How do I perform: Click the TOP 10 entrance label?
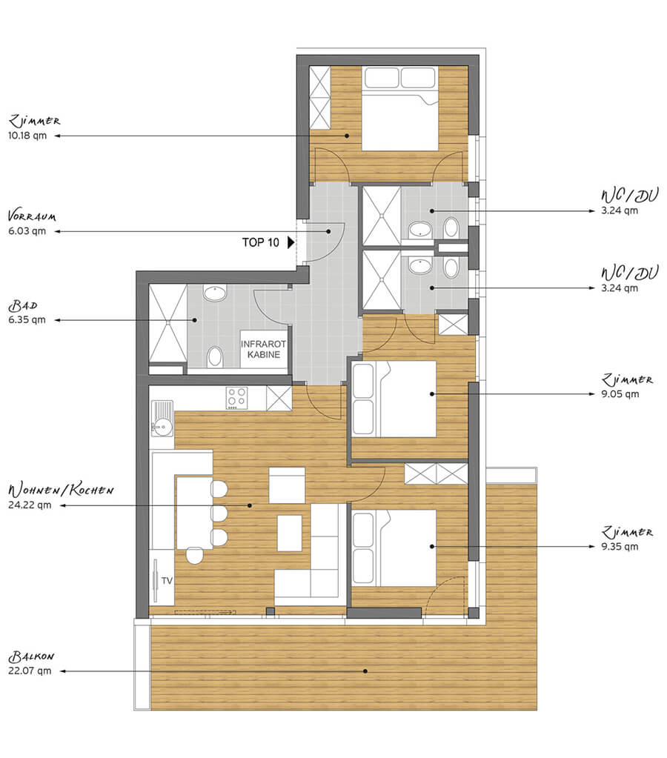261,242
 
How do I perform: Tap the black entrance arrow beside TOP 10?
291,242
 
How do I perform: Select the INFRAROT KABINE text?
264,349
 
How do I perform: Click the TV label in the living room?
167,581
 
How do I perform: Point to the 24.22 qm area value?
30,505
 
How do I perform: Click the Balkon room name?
31,656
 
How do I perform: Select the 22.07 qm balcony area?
30,671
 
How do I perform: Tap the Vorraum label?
32,216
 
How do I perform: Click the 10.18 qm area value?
27,136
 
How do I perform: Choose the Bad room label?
23,305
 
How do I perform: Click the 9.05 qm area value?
620,394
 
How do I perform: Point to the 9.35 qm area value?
620,547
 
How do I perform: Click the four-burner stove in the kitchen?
237,398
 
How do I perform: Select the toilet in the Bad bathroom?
215,357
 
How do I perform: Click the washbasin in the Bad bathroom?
215,293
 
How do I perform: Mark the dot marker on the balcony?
365,671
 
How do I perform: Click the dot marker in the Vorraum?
328,232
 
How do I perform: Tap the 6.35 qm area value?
27,320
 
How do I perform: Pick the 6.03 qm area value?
27,231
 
